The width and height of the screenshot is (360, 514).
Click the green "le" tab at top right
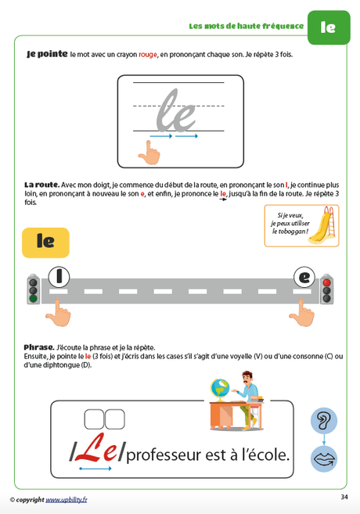328,27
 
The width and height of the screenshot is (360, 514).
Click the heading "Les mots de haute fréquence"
246,26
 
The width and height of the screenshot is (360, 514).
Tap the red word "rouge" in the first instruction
148,55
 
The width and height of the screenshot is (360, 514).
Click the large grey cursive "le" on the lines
175,110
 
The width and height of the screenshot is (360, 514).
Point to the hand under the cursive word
148,152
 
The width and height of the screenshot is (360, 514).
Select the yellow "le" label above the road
45,243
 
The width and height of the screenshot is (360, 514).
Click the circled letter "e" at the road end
304,277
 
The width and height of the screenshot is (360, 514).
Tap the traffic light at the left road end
33,288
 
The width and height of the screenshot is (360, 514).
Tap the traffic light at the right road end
326,288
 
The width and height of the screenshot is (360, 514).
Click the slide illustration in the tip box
326,222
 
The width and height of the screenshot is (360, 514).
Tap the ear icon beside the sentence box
323,421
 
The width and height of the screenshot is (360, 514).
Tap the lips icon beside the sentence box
323,458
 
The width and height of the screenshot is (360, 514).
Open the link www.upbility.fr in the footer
66,499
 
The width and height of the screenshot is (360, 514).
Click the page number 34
344,497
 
